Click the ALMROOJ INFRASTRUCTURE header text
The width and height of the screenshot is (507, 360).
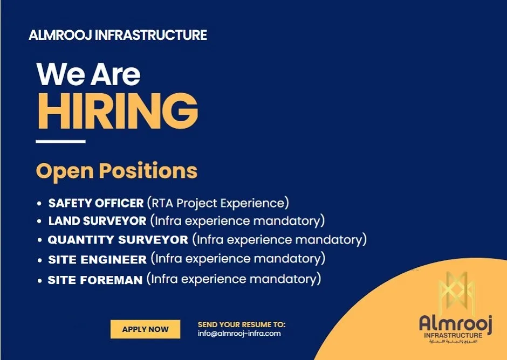click(118, 36)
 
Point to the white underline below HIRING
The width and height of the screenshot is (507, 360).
click(60, 142)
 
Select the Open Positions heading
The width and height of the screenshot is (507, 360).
click(117, 171)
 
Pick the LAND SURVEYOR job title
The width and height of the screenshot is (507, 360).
click(97, 221)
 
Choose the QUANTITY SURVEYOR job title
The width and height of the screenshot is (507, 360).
click(118, 239)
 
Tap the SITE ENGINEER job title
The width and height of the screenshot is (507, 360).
click(97, 259)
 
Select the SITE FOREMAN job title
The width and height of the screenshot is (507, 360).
click(95, 280)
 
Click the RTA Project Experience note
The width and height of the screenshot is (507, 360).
click(218, 203)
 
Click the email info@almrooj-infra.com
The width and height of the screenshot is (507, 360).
click(239, 334)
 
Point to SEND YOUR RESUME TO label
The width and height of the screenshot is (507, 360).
click(242, 324)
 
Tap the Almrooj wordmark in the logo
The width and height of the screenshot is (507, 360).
click(456, 323)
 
